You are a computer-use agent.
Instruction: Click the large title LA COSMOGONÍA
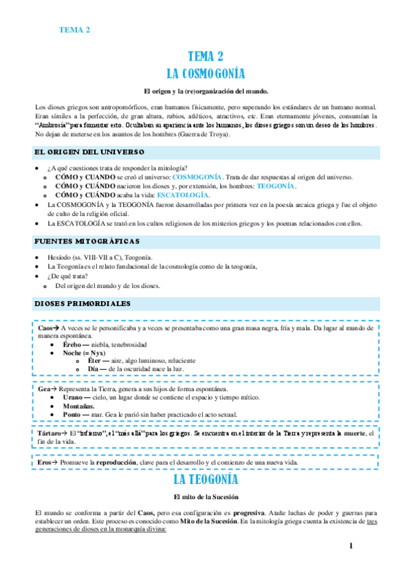pyautogui.click(x=206, y=73)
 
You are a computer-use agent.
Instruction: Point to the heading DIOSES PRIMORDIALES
pyautogui.click(x=83, y=303)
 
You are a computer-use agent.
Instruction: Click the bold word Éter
pyautogui.click(x=95, y=360)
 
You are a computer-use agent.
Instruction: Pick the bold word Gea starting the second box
pyautogui.click(x=45, y=389)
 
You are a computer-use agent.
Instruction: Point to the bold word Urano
pyautogui.click(x=72, y=397)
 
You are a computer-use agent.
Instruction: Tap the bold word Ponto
pyautogui.click(x=72, y=415)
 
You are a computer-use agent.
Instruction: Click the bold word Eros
pyautogui.click(x=45, y=463)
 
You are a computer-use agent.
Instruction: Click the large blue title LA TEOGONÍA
pyautogui.click(x=206, y=479)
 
